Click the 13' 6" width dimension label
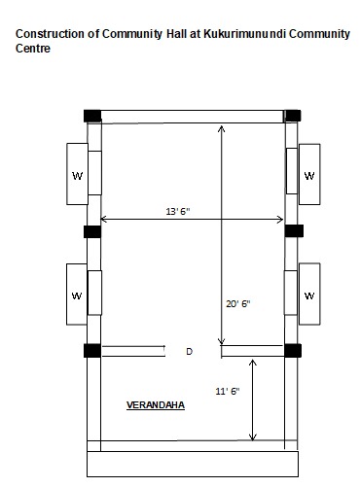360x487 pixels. click(178, 212)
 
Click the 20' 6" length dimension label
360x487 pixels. click(238, 304)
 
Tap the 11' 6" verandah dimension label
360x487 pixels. click(228, 391)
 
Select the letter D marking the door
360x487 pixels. click(190, 351)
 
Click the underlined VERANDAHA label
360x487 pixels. click(156, 405)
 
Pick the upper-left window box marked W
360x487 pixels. click(77, 174)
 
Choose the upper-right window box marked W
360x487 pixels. click(309, 174)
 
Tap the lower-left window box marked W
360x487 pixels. click(77, 295)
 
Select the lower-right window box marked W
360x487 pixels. click(309, 294)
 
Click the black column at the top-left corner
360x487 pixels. click(92, 116)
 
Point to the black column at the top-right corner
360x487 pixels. click(293, 116)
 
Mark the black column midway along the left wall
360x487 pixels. click(92, 231)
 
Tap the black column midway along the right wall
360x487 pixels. click(294, 230)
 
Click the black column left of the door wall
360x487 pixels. click(92, 351)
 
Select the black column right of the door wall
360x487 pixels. click(293, 351)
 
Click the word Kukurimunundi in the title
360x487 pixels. click(244, 34)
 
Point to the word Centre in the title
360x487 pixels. click(33, 49)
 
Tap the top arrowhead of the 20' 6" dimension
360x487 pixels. click(222, 128)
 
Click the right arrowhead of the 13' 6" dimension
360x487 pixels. click(280, 220)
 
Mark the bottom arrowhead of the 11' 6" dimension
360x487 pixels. click(253, 437)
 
